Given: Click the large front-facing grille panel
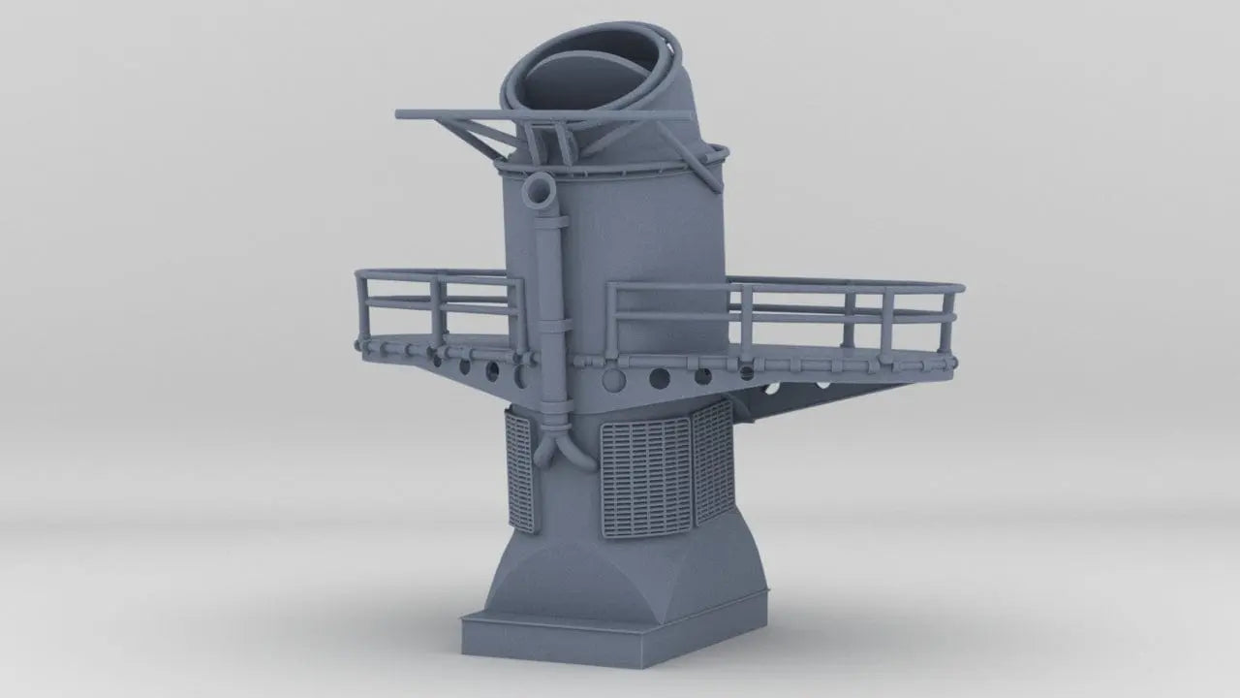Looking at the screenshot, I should pyautogui.click(x=646, y=480).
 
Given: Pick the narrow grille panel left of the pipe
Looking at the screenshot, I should pyautogui.click(x=519, y=470).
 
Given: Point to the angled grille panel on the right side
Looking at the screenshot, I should pyautogui.click(x=712, y=460).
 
